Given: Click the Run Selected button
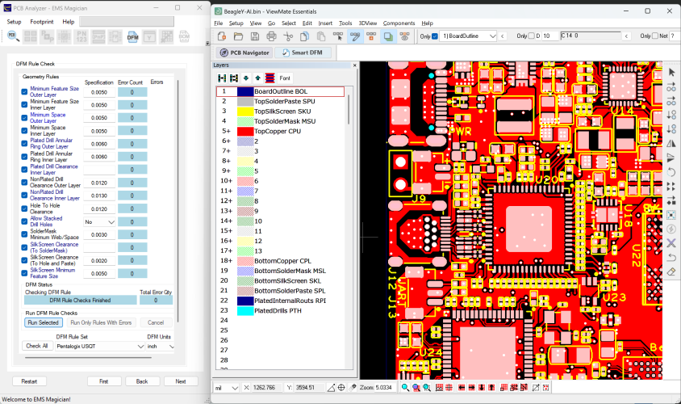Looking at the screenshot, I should pyautogui.click(x=43, y=322).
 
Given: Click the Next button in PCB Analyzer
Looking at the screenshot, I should pyautogui.click(x=180, y=381).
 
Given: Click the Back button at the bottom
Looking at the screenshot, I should pyautogui.click(x=142, y=381).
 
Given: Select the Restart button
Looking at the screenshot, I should pyautogui.click(x=28, y=381).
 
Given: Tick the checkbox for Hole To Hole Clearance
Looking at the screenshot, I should pyautogui.click(x=24, y=208).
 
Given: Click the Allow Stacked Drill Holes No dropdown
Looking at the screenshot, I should pyautogui.click(x=99, y=221).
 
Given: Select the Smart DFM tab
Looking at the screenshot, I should pyautogui.click(x=303, y=53).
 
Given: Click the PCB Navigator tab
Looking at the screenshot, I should pyautogui.click(x=244, y=53).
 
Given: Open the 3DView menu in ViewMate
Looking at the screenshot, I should pyautogui.click(x=367, y=23).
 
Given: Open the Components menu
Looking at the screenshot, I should pyautogui.click(x=399, y=23).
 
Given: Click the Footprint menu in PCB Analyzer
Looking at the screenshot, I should pyautogui.click(x=42, y=22).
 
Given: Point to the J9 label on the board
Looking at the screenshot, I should pyautogui.click(x=419, y=197).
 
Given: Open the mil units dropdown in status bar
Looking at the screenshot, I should pyautogui.click(x=226, y=388).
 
